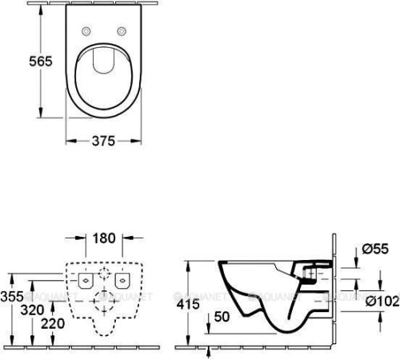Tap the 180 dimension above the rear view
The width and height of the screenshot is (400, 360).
click(104, 238)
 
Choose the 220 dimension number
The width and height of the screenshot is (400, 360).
click(53, 325)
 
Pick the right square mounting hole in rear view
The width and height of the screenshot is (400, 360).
click(122, 281)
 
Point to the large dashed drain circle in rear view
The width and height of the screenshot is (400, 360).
click(104, 302)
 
